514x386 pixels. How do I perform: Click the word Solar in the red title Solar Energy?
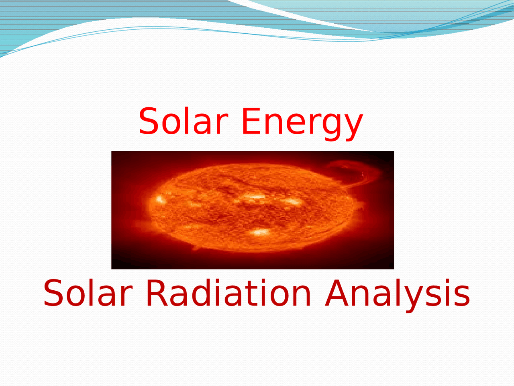tap(183, 121)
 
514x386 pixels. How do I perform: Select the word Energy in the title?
tap(302, 123)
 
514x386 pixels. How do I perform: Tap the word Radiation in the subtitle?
tap(228, 293)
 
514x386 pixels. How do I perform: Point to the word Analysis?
tap(398, 294)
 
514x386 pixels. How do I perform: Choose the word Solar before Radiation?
tap(88, 293)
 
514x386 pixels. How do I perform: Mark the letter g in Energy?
tap(333, 125)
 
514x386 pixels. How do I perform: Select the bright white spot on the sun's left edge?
tap(160, 199)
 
